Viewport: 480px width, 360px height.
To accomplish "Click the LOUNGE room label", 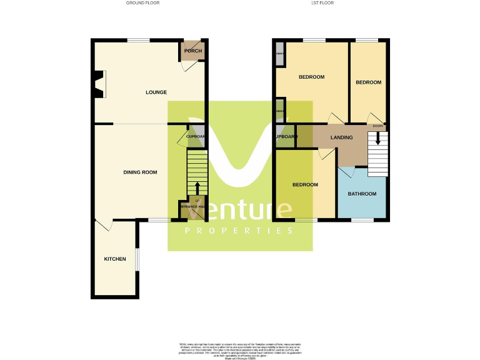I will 156,92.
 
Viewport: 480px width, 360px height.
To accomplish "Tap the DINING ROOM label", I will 139,172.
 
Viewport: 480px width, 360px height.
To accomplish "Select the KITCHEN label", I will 115,259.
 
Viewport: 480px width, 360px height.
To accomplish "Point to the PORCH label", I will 191,51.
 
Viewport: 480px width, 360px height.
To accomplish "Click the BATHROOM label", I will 362,194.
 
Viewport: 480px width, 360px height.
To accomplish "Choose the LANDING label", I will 342,137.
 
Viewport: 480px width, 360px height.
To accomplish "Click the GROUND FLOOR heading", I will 142,3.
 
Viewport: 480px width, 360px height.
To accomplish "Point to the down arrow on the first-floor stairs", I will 377,137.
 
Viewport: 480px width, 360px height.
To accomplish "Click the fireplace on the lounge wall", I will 99,84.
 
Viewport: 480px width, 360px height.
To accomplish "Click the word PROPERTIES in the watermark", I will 239,231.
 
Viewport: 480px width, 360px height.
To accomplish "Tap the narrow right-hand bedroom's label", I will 368,82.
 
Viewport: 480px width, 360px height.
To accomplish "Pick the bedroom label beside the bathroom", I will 306,185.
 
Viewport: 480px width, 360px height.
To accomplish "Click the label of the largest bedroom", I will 311,77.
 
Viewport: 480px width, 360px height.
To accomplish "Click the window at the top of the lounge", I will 139,41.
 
